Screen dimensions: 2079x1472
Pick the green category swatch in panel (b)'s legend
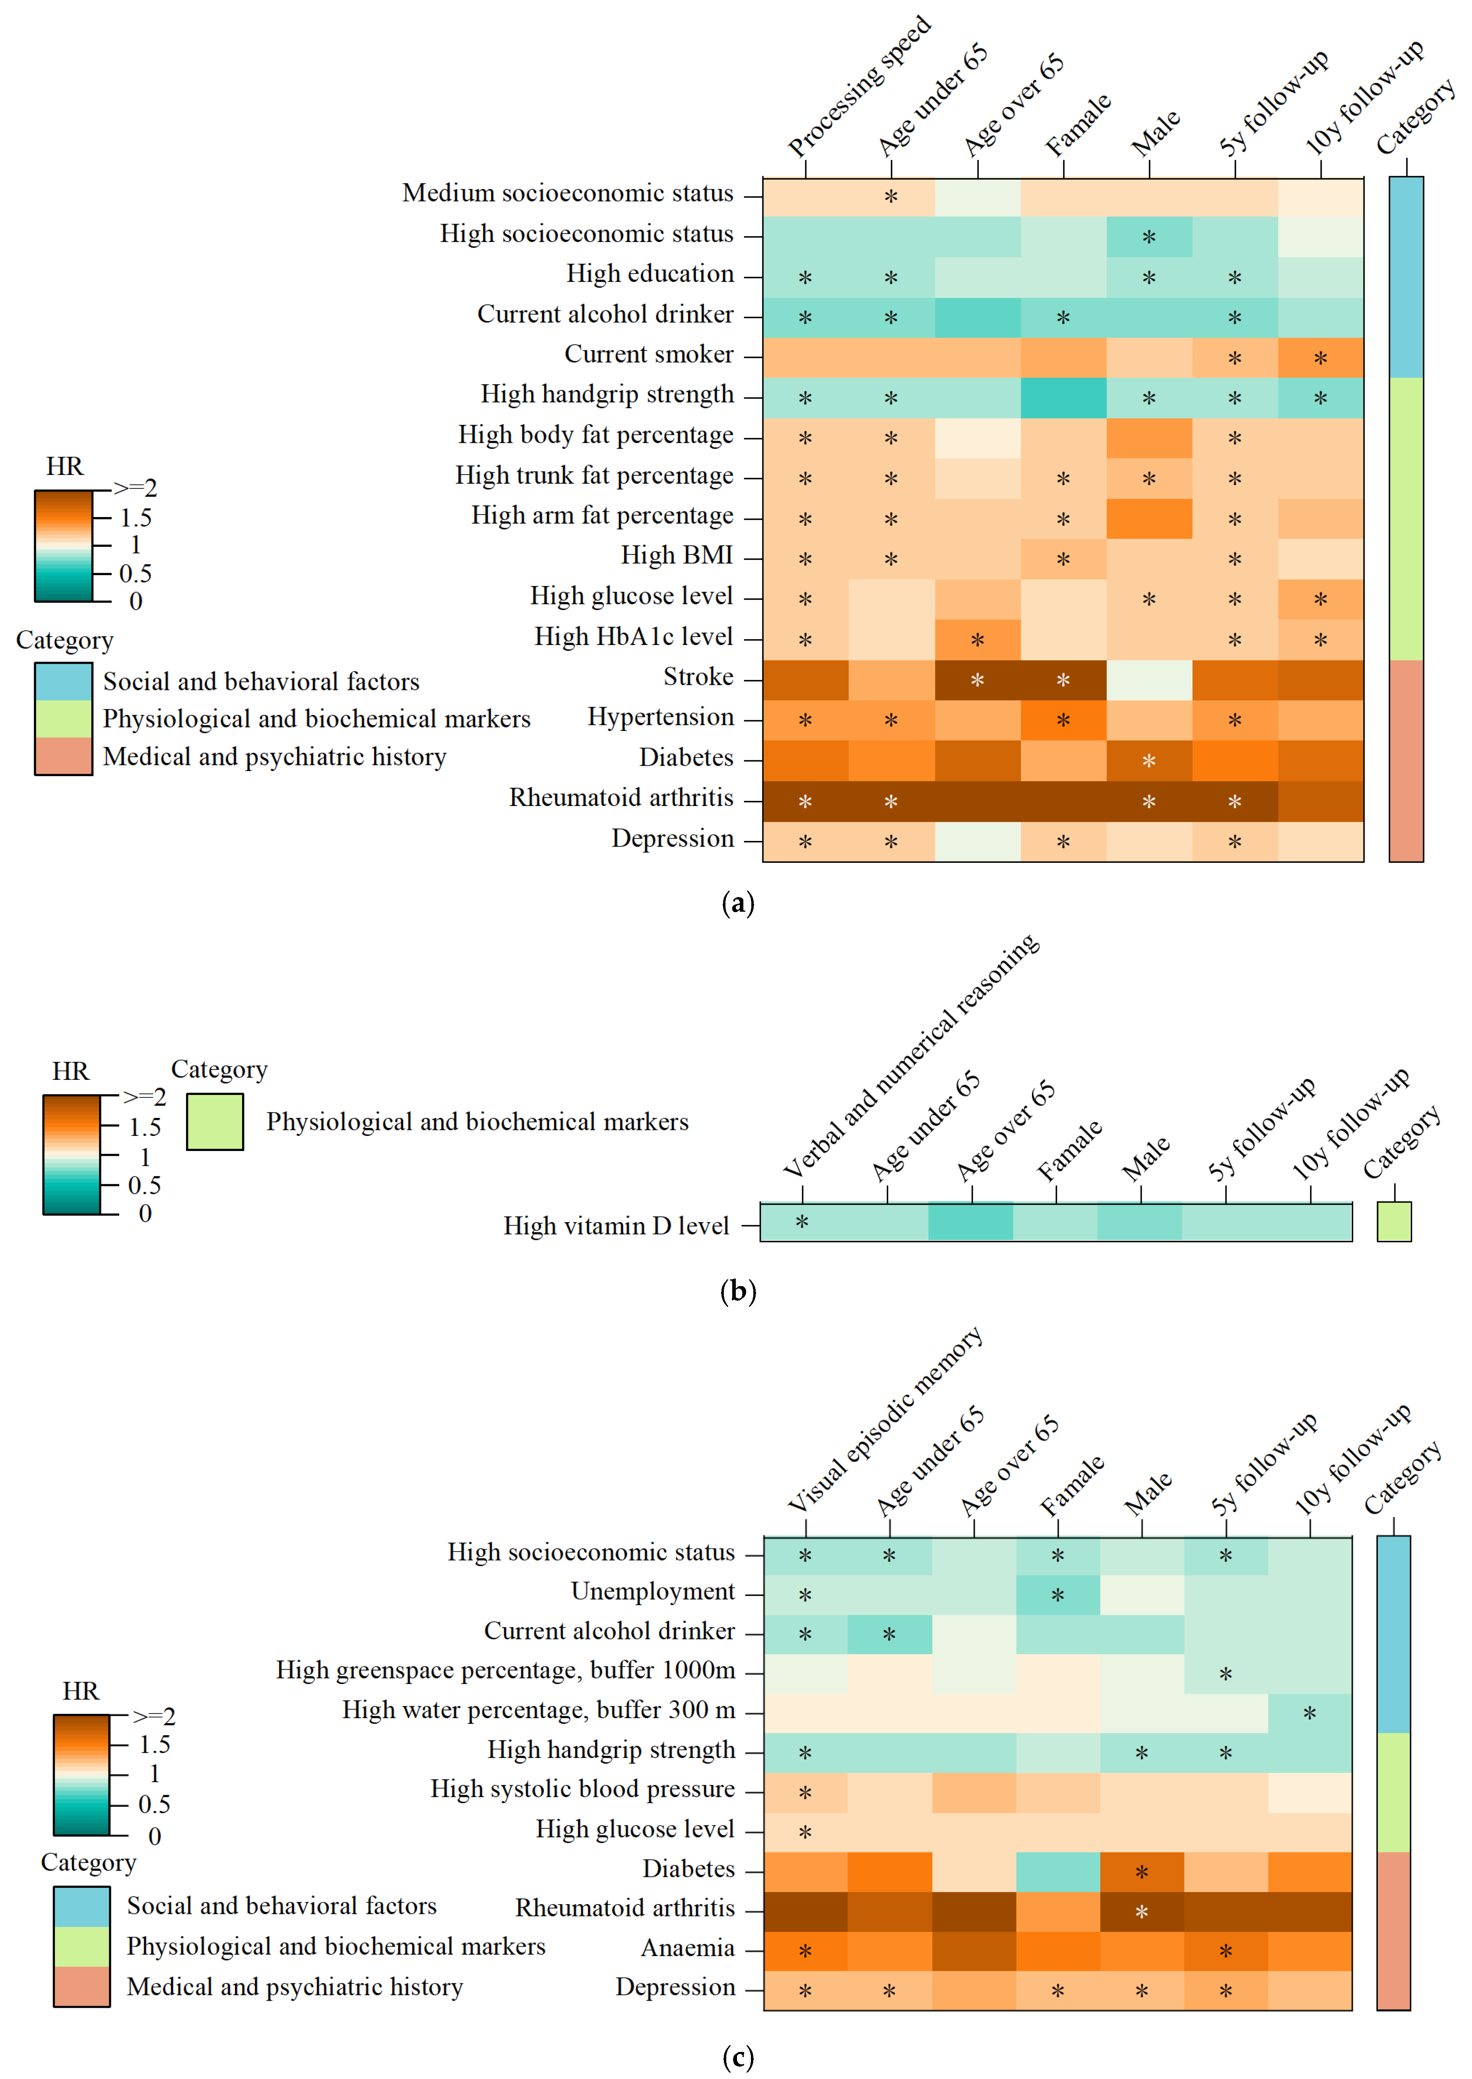point(215,1122)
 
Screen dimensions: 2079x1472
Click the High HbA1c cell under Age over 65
point(977,640)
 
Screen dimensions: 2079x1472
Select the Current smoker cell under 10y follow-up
point(1321,358)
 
